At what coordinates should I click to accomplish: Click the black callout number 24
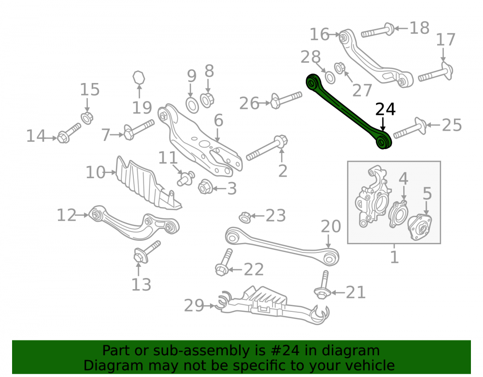[385, 110]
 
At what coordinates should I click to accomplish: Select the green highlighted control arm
[348, 111]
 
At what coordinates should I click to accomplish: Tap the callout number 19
[142, 108]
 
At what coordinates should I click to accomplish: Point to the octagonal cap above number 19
[139, 77]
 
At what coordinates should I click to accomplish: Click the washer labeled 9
[193, 105]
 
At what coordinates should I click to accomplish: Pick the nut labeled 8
[207, 100]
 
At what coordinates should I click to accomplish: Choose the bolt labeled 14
[69, 133]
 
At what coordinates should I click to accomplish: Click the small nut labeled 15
[87, 118]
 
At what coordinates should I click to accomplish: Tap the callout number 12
[66, 215]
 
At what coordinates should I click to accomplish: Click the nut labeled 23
[245, 217]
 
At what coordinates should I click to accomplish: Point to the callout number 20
[331, 226]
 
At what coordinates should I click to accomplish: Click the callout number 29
[194, 306]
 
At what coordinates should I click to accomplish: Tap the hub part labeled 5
[420, 227]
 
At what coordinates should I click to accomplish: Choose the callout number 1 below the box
[394, 257]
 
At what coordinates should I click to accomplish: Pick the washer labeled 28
[330, 78]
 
